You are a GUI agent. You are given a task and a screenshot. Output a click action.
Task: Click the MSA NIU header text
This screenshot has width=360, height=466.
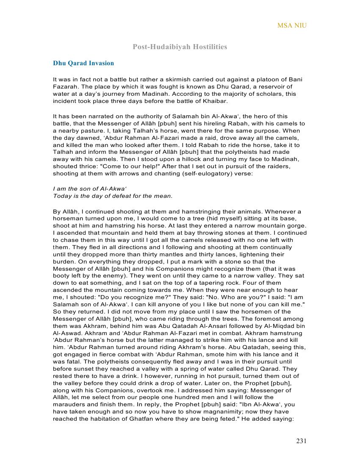(x=292, y=25)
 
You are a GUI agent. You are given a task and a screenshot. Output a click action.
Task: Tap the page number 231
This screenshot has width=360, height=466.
(x=301, y=441)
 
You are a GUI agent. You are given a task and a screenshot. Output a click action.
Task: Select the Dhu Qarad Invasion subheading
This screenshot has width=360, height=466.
(x=83, y=63)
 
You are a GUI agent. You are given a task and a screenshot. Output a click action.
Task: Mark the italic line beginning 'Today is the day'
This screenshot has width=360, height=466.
(x=113, y=196)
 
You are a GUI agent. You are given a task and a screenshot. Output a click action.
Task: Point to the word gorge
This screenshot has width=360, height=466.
(x=298, y=226)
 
